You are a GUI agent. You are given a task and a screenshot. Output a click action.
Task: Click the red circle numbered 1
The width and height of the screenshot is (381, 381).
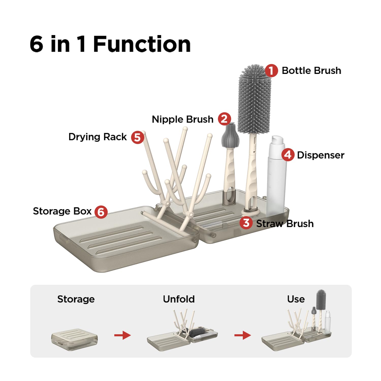coord(271,71)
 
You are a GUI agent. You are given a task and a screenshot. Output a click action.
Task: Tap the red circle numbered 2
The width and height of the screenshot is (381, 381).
coord(224,119)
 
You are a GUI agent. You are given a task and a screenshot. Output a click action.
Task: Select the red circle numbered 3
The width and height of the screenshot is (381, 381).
coord(246,223)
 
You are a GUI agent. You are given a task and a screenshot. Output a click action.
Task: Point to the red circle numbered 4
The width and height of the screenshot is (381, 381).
coord(288,155)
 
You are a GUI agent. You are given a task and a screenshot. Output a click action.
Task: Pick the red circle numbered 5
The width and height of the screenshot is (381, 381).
coord(137,137)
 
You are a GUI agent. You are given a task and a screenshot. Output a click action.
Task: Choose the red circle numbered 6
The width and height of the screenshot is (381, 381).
coord(101,212)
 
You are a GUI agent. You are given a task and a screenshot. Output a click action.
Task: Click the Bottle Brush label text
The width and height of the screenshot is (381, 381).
coord(311,71)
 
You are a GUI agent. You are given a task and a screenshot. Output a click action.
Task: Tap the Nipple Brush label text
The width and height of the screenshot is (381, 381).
coord(182,119)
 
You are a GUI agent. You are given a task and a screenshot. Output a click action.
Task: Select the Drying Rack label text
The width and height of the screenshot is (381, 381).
coord(98,137)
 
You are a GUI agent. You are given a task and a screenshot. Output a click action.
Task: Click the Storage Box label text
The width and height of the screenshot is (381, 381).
coord(62,211)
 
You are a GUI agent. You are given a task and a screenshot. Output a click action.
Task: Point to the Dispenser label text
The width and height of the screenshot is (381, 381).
coord(321,155)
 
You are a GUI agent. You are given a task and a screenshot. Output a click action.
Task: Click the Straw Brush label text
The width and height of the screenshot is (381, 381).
coord(285,224)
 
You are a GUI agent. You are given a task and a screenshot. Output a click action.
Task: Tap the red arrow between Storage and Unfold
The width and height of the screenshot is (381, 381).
coord(122,335)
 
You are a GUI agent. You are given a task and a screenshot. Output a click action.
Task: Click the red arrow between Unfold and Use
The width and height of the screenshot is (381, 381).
coord(243,335)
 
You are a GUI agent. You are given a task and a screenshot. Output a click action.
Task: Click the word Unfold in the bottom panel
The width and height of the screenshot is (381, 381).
coord(179,299)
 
